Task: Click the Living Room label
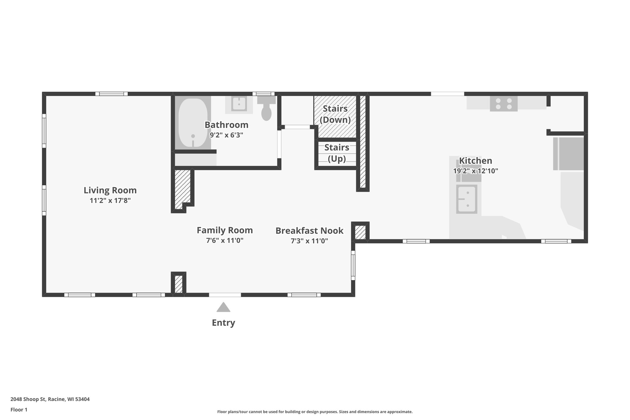coord(110,190)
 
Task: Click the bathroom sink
coord(239,104)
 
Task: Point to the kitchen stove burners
coord(504,104)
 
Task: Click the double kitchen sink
coord(467,199)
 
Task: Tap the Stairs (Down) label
coord(335,114)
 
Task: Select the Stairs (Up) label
coord(337,153)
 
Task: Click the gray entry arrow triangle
coord(223,308)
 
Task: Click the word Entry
coord(223,323)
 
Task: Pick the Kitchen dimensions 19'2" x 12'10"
coord(475,171)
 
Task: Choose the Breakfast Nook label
coord(309,230)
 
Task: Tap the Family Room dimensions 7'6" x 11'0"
coord(225,240)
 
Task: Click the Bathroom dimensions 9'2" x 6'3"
coord(226,135)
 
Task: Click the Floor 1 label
coord(19,410)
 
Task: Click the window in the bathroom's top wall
coord(264,94)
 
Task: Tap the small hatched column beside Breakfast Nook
coord(360,232)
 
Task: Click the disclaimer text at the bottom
coord(315,412)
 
